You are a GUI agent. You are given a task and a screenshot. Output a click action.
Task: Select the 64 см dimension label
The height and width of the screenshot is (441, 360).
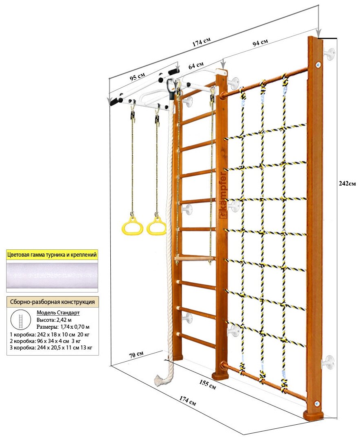pos(196,65)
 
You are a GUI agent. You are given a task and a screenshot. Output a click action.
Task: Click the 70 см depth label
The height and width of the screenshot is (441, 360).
pos(136,354)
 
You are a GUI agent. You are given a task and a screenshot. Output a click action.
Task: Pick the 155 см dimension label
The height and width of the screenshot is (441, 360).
pos(207,384)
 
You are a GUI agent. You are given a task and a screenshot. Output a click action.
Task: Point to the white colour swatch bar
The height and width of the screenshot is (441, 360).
pos(52,275)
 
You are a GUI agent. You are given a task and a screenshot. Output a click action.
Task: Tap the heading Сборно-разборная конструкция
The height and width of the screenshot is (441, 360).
pos(52,302)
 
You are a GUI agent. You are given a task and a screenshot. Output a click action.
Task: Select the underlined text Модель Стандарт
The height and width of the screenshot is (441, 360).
pos(58,313)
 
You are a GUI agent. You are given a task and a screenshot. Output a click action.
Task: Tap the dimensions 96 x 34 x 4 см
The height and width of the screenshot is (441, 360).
pos(54,341)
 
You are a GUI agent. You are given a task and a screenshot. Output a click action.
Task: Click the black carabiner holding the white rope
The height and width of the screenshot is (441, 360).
pos(170,87)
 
